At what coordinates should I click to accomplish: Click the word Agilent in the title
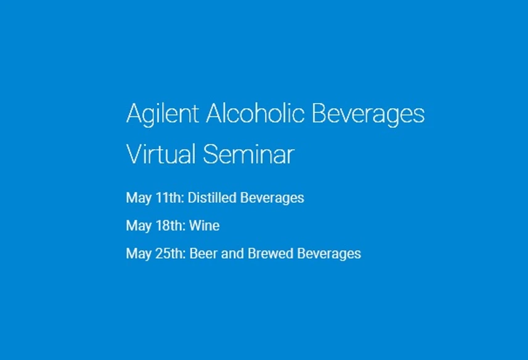coord(162,115)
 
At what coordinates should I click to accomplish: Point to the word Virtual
coord(161,154)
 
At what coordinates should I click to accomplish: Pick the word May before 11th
coord(138,198)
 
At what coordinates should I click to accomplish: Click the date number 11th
coord(169,198)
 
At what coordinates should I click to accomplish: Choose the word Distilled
coord(211,198)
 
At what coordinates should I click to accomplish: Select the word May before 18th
coord(138,226)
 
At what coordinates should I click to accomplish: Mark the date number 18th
coord(169,226)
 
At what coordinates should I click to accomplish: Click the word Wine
coord(204,226)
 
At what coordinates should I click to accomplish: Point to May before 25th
coord(138,254)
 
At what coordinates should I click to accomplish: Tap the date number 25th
coord(169,253)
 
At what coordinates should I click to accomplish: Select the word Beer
coord(201,253)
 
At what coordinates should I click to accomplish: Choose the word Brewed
coord(264,253)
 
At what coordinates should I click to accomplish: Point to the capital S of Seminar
coord(211,154)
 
